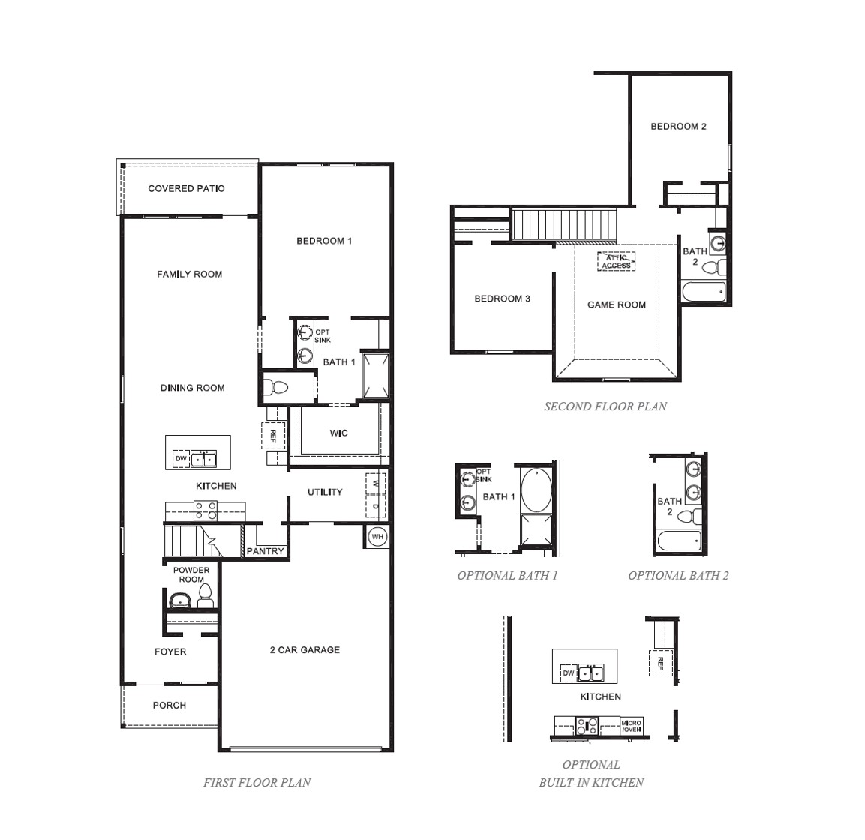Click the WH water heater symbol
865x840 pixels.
[377, 537]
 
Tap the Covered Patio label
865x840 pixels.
[186, 188]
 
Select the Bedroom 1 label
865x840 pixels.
[324, 241]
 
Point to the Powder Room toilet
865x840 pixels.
[206, 597]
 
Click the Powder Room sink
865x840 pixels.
[180, 600]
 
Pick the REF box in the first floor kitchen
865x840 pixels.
[273, 435]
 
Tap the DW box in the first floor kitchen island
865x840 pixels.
[181, 459]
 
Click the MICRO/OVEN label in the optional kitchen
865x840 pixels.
[631, 726]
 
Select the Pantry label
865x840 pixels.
[266, 551]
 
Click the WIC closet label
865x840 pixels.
[338, 433]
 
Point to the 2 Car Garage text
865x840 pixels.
[305, 649]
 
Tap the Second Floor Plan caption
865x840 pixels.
[605, 406]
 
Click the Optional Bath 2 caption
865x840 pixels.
[678, 576]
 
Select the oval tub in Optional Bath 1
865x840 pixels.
[536, 488]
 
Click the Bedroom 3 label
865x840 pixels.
[502, 298]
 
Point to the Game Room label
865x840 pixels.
[616, 304]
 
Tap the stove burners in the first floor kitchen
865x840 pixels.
[206, 511]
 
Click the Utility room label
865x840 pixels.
[325, 492]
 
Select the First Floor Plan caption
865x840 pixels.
[257, 782]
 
